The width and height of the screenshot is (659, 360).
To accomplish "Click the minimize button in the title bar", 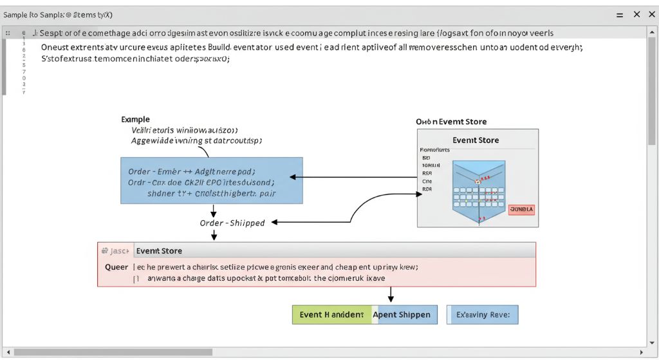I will click(619, 14).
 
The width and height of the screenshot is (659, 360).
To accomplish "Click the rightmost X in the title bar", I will click(650, 14).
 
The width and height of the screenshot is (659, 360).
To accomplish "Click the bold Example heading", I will click(135, 119).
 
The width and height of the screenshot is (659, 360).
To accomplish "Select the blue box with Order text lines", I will click(211, 180).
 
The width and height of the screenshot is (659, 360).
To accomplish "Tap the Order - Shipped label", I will click(232, 223).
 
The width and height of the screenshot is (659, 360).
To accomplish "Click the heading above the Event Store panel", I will click(450, 122).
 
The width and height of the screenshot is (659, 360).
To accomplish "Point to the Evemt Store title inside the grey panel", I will click(475, 140).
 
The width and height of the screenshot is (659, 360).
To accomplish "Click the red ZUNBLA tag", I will click(521, 209).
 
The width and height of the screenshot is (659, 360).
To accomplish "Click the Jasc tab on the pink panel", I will click(115, 251).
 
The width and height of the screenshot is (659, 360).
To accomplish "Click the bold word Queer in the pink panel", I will click(116, 267).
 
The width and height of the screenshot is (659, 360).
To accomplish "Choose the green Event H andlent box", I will click(331, 315).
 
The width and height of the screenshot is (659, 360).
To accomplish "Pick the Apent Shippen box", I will click(405, 315).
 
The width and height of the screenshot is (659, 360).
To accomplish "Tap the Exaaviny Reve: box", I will click(482, 315).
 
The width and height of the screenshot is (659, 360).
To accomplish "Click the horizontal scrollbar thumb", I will click(113, 352).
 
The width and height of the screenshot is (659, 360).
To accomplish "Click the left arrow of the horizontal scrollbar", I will click(6, 352).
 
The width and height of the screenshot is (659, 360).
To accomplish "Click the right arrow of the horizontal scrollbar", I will click(640, 352).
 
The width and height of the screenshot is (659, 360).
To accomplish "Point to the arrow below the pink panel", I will click(391, 295).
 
